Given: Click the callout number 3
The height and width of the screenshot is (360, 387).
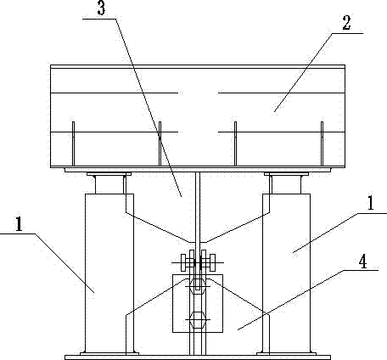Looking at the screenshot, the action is point(101,8).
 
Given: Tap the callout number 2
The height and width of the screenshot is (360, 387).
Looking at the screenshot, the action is point(346,23).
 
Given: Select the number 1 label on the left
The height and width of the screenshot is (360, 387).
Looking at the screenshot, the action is point(19,224).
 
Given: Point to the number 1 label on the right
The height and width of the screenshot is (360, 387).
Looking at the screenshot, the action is point(370,203).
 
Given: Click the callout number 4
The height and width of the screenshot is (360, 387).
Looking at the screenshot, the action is point(362,262).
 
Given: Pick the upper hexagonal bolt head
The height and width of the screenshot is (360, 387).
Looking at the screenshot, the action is point(198,286).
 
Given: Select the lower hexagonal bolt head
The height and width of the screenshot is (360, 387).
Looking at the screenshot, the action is point(198,320).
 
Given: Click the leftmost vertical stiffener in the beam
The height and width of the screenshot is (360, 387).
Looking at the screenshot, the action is point(74,143).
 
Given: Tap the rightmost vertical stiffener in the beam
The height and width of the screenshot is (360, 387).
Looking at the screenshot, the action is point(322,143).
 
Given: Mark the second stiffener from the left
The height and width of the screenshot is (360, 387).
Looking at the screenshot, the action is point(160,143).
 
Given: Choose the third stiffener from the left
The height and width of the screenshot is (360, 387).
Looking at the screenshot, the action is point(235,143).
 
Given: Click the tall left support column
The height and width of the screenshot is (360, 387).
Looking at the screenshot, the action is point(109,273).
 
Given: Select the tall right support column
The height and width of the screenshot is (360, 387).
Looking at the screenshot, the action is point(286,273).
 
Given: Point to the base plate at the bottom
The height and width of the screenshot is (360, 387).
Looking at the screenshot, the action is point(198,357).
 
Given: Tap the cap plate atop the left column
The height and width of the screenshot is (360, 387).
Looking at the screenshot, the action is point(109,174).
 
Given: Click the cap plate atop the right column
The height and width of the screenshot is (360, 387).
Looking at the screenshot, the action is point(286,174).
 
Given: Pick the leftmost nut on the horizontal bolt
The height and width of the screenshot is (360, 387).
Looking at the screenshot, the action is point(183,262).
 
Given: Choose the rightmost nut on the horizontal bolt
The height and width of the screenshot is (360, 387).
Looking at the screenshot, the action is point(212,262).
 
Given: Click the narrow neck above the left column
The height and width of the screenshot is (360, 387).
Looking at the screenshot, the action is point(109,184).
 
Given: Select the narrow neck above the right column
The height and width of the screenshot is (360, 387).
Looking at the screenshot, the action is point(286,184).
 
